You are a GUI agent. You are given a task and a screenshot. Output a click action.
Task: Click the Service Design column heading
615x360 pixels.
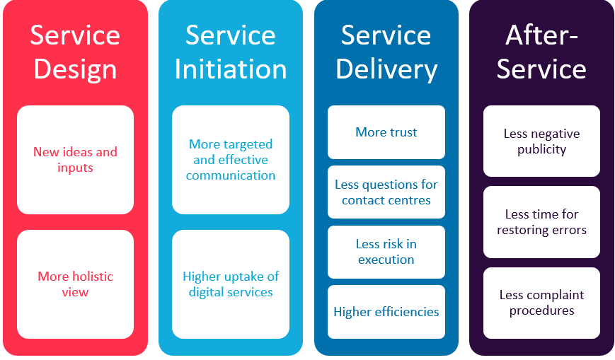pyautogui.click(x=75, y=52)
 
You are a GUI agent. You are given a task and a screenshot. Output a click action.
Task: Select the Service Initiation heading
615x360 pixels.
pyautogui.click(x=231, y=52)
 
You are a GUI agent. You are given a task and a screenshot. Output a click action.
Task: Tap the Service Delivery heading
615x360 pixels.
pyautogui.click(x=386, y=52)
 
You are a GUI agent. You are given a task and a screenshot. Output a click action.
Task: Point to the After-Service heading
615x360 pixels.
pyautogui.click(x=541, y=52)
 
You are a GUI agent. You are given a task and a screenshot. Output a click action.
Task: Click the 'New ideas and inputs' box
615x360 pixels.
pyautogui.click(x=75, y=160)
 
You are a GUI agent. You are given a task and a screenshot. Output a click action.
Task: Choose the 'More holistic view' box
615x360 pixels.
pyautogui.click(x=75, y=284)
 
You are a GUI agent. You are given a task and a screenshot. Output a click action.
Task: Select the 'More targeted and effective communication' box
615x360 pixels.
pyautogui.click(x=231, y=160)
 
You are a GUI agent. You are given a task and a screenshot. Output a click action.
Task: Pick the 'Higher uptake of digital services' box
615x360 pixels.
pyautogui.click(x=231, y=284)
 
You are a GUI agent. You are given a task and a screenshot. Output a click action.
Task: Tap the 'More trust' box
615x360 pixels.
pyautogui.click(x=386, y=132)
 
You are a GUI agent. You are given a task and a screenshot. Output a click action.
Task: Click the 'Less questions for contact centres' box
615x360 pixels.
pyautogui.click(x=386, y=192)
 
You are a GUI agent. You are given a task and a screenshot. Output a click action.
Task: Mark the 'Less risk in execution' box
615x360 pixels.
pyautogui.click(x=386, y=252)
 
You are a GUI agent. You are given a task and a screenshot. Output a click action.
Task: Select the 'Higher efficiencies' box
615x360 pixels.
pyautogui.click(x=386, y=312)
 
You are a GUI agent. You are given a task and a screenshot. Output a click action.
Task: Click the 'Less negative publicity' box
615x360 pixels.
pyautogui.click(x=541, y=141)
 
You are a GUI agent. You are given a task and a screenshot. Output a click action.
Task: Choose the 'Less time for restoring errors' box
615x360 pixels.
pyautogui.click(x=541, y=222)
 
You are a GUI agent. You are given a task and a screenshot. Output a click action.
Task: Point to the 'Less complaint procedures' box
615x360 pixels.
pyautogui.click(x=541, y=303)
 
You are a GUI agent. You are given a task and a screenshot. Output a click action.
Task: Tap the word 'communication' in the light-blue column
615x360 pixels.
pyautogui.click(x=231, y=175)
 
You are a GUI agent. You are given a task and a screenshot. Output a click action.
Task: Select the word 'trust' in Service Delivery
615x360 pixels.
pyautogui.click(x=402, y=132)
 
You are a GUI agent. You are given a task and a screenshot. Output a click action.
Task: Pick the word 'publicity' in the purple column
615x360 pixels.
pyautogui.click(x=541, y=149)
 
